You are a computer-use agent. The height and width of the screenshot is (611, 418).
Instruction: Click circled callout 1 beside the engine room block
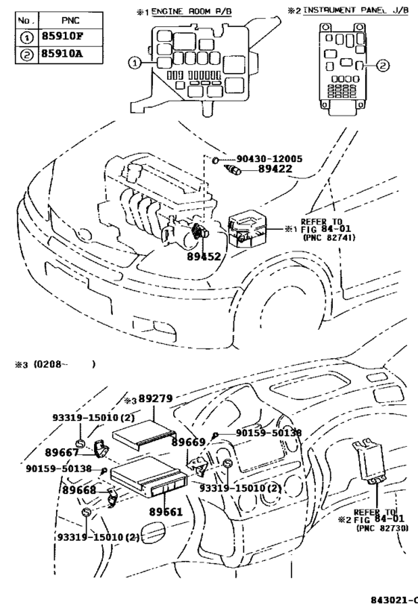coord(135,63)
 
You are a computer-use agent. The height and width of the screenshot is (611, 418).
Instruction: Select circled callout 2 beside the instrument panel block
coord(382,66)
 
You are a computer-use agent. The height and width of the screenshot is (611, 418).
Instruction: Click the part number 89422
coord(259,171)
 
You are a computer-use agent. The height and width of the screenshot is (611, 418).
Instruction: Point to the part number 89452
coord(203,256)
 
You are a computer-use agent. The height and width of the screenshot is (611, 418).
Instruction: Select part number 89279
coord(155,399)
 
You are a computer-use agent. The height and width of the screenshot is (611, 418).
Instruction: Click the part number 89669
coord(188,442)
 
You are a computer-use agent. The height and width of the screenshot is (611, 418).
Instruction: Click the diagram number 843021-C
coord(393,600)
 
